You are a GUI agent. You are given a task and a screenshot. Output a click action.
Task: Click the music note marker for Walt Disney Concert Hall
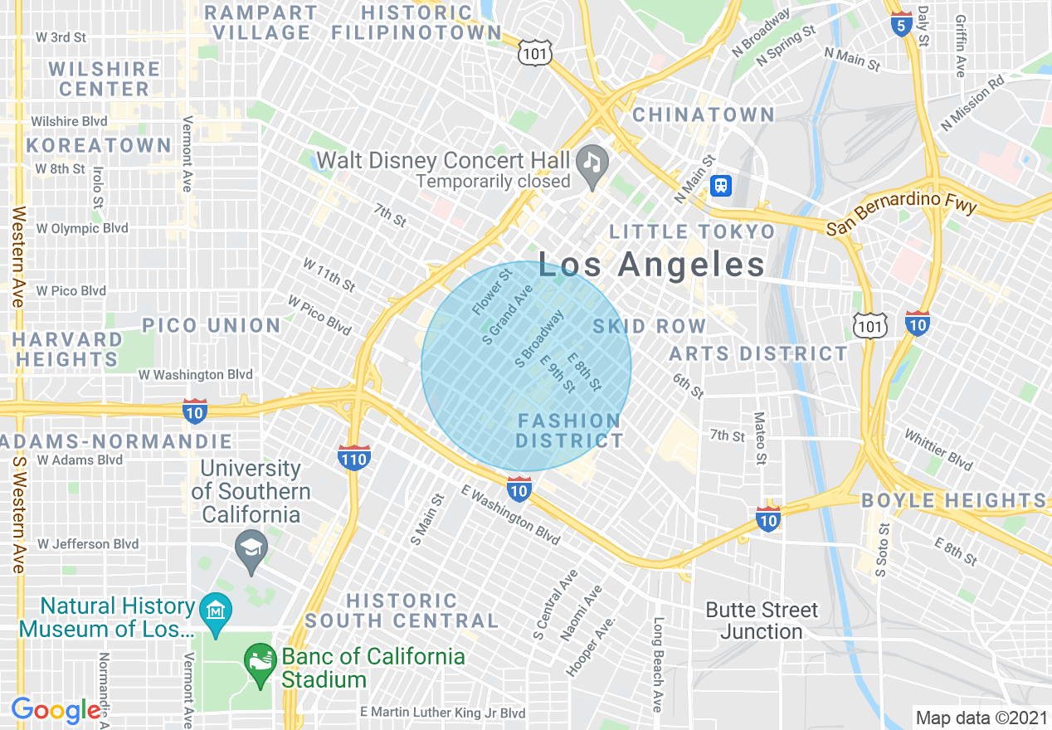(x=592, y=159)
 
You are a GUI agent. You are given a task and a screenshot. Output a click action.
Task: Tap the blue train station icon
(x=721, y=186)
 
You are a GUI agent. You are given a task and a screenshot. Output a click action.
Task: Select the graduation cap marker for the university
(x=251, y=547)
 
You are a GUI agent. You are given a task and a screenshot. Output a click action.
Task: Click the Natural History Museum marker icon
(x=216, y=611)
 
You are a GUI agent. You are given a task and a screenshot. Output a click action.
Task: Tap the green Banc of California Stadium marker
(x=260, y=662)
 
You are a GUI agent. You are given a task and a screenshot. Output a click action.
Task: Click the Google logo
(x=56, y=710)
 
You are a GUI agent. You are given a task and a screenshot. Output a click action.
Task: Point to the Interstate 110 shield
(x=354, y=456)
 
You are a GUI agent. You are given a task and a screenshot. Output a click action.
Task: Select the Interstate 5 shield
(x=900, y=24)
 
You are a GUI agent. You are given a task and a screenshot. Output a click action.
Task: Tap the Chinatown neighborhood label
(x=704, y=114)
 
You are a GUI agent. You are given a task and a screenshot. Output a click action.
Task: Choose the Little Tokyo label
(x=693, y=231)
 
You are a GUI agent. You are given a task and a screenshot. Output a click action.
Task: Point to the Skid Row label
(x=650, y=327)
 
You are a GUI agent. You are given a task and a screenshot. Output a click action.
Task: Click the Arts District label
(x=758, y=354)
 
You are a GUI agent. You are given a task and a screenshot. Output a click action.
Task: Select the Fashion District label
(x=569, y=431)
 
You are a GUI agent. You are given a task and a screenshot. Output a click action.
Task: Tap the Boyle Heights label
(x=954, y=500)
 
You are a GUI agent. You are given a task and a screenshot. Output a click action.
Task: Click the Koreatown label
(x=98, y=145)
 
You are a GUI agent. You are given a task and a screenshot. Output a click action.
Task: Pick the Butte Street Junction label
(x=762, y=620)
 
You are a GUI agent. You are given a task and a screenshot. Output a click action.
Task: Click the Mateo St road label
(x=759, y=437)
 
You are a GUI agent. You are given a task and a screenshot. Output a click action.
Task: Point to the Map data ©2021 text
(x=981, y=717)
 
